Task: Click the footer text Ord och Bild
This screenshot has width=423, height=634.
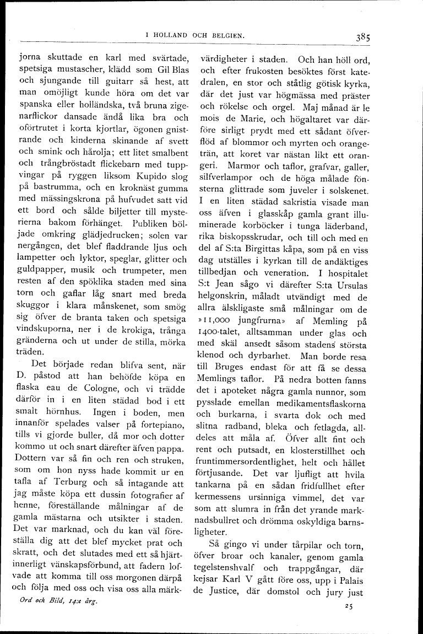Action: [x=41, y=601]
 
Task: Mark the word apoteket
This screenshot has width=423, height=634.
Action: [x=230, y=393]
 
